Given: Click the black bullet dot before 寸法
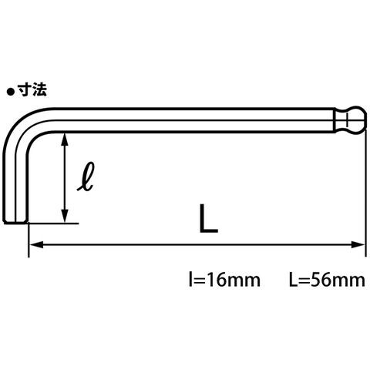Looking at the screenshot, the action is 11,92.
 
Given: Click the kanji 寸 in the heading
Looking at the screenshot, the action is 25,90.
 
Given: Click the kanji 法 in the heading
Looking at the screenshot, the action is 39,90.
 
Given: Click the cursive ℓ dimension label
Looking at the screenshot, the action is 86,177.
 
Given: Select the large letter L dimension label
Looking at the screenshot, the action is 208,219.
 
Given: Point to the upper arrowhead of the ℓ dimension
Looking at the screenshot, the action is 65,140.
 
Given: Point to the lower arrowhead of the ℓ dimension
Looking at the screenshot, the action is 65,216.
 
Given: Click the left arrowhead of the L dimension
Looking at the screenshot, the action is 36,244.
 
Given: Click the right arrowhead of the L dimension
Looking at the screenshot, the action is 358,244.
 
